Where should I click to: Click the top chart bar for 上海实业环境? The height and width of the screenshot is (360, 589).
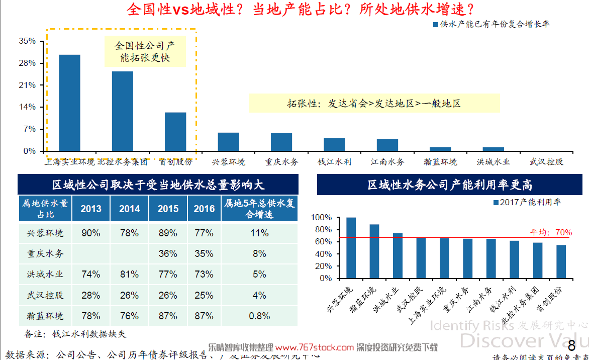(x=69, y=103)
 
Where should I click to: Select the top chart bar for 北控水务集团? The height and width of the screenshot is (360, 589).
(x=122, y=111)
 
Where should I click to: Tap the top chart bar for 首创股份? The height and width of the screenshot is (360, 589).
(x=175, y=131)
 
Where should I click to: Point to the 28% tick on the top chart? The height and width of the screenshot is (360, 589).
(x=27, y=63)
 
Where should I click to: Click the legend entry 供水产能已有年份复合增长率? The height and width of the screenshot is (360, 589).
(x=490, y=24)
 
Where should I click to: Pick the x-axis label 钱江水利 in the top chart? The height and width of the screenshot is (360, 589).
(x=334, y=162)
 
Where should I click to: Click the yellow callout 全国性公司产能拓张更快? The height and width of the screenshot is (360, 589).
(x=145, y=52)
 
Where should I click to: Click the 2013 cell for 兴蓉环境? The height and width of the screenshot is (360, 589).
(x=90, y=233)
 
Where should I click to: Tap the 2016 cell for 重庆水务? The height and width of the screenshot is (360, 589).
(x=204, y=254)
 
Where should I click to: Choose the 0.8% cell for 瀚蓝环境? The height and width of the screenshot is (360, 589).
(x=259, y=316)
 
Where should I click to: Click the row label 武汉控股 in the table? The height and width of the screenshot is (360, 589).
(x=45, y=296)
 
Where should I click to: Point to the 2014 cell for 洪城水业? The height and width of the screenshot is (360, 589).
(x=129, y=275)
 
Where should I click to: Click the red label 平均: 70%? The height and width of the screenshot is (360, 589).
(x=551, y=232)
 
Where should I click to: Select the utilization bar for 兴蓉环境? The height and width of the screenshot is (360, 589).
(x=351, y=248)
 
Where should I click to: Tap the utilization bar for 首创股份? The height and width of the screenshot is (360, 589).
(x=561, y=261)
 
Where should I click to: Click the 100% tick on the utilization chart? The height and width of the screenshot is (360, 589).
(x=322, y=218)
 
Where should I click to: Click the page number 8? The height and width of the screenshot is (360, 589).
(x=571, y=346)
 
